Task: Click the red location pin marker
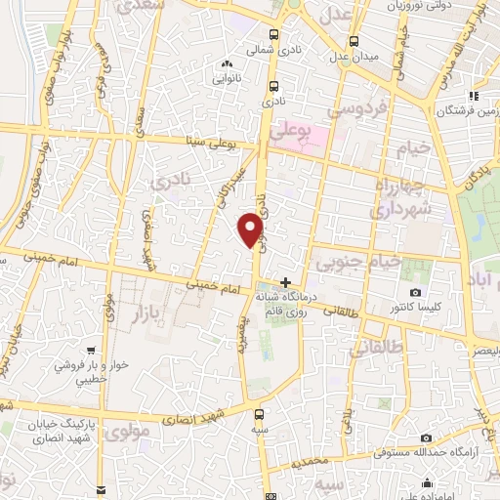(252, 230)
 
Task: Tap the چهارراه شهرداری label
(407, 194)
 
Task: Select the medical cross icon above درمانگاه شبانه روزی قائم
(285, 281)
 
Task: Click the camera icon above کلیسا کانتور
(415, 292)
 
